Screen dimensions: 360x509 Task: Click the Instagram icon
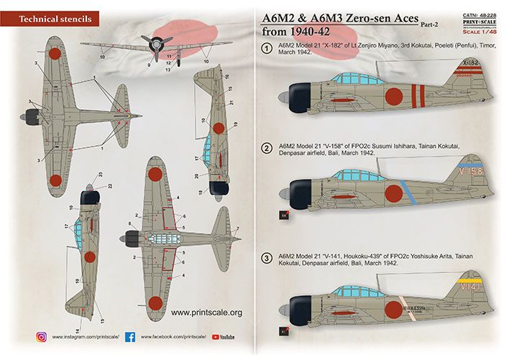42,336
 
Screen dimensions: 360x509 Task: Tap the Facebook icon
130,336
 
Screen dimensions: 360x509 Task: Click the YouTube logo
222,336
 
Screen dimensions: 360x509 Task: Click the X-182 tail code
469,83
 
